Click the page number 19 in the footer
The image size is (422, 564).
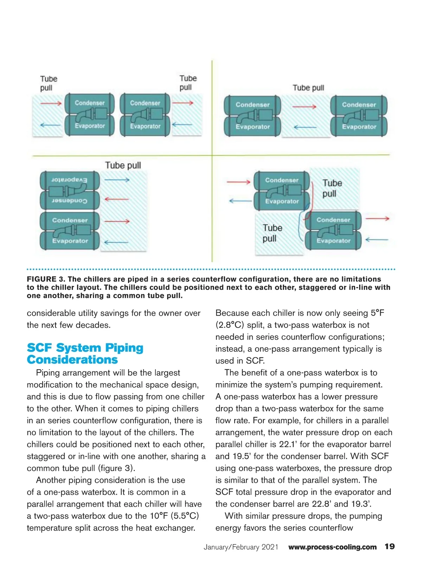pyautogui.click(x=390, y=546)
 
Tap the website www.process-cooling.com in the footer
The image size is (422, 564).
pyautogui.click(x=332, y=547)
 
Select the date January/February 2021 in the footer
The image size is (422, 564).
pyautogui.click(x=241, y=547)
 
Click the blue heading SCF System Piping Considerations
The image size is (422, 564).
pyautogui.click(x=85, y=354)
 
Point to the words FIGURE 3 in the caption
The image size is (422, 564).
pyautogui.click(x=46, y=279)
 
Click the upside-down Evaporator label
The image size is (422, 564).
pyautogui.click(x=69, y=180)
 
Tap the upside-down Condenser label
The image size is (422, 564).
pyautogui.click(x=69, y=201)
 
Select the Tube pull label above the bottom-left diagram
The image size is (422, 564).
pyautogui.click(x=123, y=165)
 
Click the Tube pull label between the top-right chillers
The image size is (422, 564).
pyautogui.click(x=308, y=88)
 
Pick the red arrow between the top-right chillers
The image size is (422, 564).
pyautogui.click(x=304, y=107)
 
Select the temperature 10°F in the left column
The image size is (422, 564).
pyautogui.click(x=159, y=516)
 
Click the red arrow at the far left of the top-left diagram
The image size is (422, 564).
pyautogui.click(x=51, y=103)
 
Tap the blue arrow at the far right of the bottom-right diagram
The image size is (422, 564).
pyautogui.click(x=377, y=240)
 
